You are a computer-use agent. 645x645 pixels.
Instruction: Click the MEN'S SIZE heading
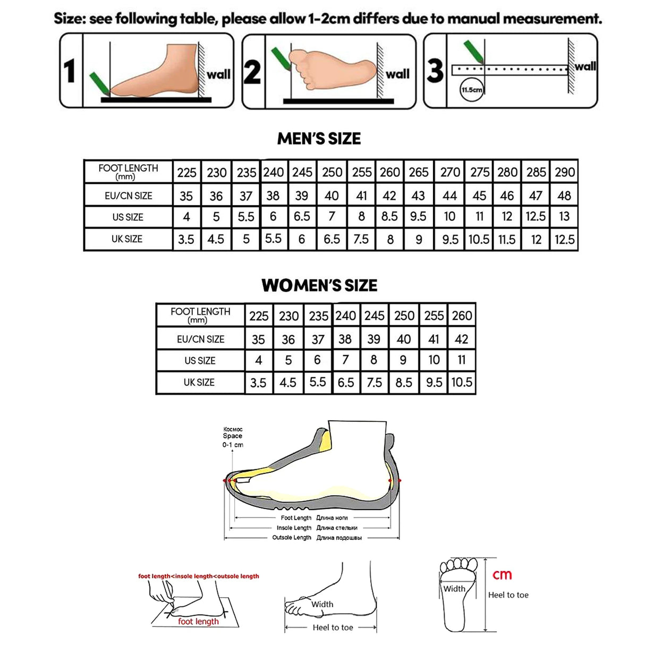coord(319,139)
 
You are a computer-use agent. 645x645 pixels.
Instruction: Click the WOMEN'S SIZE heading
coord(319,285)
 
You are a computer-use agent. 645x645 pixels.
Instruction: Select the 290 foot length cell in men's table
coord(564,172)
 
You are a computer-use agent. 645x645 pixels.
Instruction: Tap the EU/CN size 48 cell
coord(564,196)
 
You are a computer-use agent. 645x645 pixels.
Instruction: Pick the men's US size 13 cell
coord(564,217)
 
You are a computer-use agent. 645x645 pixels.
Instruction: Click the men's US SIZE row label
coord(128,217)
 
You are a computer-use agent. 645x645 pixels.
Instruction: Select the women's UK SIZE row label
coord(199,383)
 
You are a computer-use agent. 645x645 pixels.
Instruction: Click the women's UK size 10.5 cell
coord(461,382)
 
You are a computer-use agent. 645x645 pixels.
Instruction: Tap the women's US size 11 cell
coord(461,360)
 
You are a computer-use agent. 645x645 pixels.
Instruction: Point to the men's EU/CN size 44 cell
coord(449,196)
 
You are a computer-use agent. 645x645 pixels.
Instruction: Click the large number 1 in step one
coord(70,71)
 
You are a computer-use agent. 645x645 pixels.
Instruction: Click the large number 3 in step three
coord(435,71)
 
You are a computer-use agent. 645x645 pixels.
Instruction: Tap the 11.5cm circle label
coord(472,90)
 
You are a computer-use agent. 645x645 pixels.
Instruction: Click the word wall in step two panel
coord(397,74)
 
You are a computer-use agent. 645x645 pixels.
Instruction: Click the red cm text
coord(502,575)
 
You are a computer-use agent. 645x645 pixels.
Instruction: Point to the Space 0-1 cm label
coord(233,437)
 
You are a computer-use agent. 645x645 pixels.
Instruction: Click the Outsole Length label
coord(292,538)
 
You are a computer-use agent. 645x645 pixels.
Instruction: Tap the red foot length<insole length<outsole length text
coord(199,576)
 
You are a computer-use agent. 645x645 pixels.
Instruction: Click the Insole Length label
coord(294,528)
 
